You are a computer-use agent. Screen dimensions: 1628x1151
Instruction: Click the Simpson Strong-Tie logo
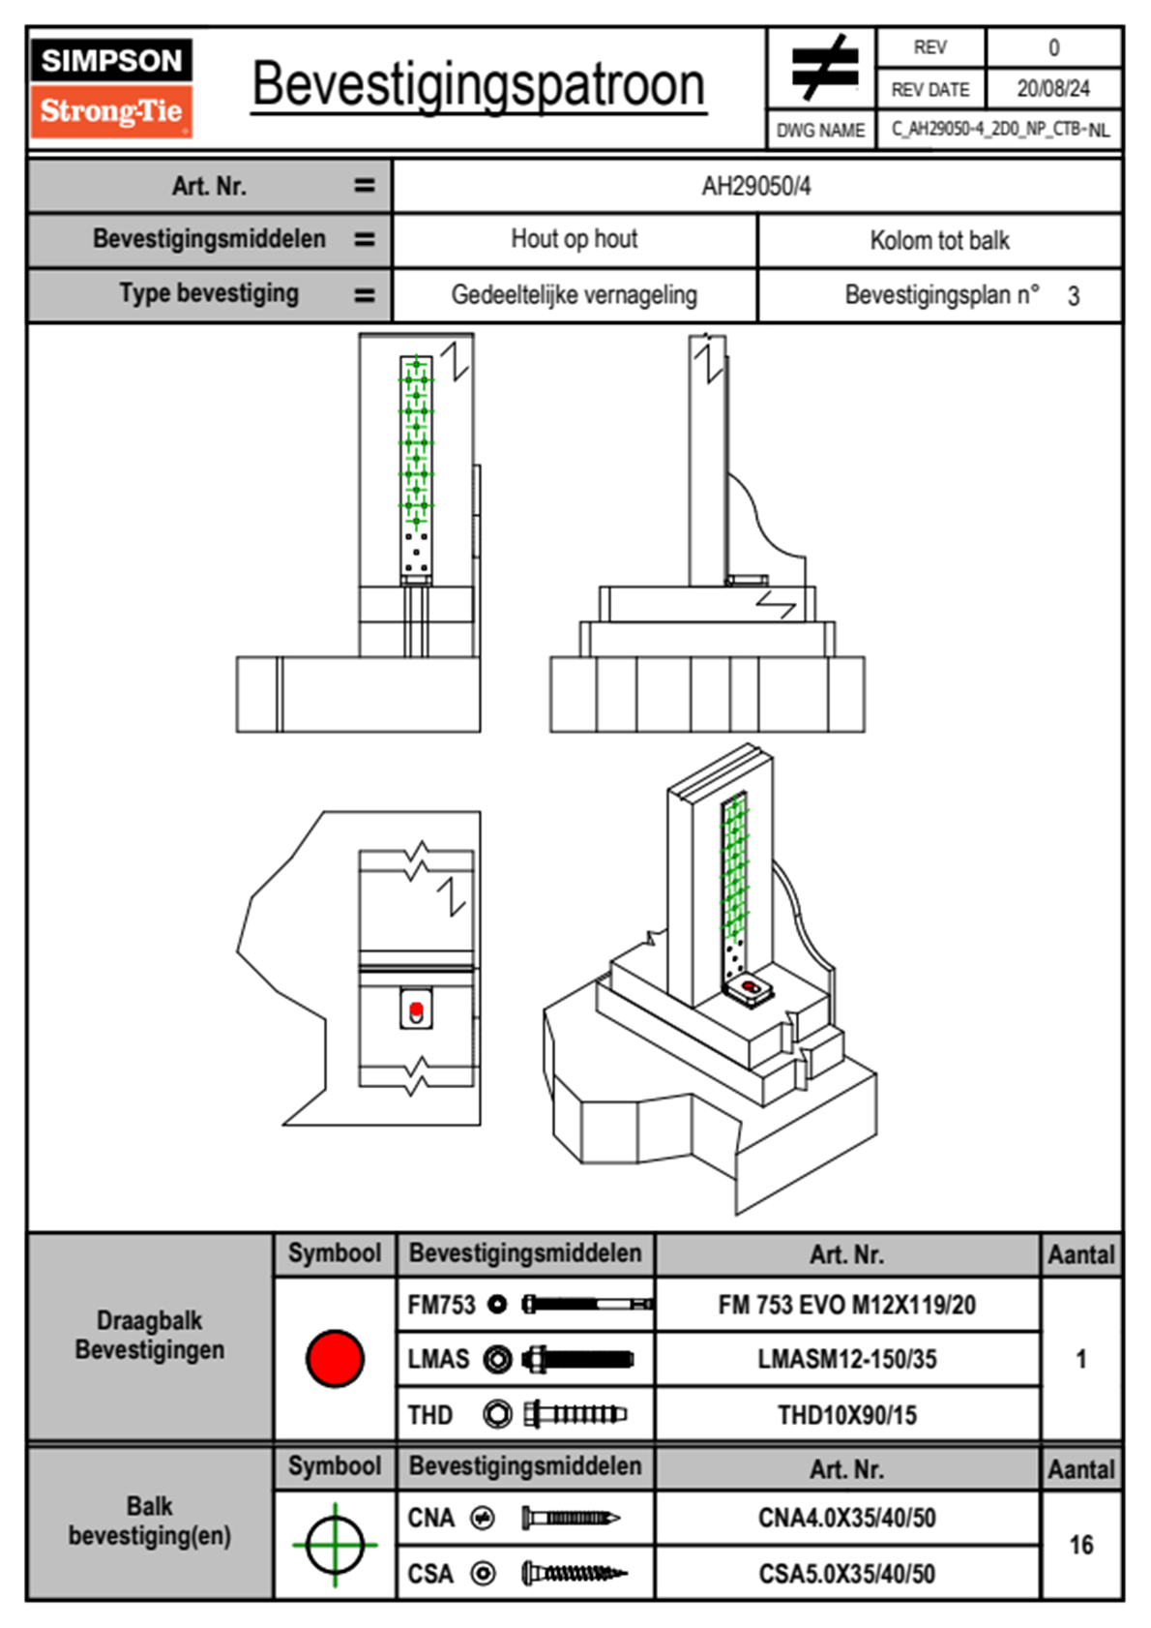pyautogui.click(x=111, y=87)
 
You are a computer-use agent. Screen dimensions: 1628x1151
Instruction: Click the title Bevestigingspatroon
pyautogui.click(x=478, y=85)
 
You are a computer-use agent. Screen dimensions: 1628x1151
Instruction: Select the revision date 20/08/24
pyautogui.click(x=1052, y=89)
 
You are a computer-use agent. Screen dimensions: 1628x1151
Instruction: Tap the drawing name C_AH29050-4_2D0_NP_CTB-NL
pyautogui.click(x=999, y=130)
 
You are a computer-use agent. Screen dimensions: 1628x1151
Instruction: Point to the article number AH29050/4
pyautogui.click(x=756, y=187)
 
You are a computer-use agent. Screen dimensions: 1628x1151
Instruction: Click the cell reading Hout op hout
pyautogui.click(x=574, y=239)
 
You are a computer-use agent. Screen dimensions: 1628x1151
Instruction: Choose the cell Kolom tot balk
pyautogui.click(x=939, y=240)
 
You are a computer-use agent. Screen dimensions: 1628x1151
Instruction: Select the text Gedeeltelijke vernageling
pyautogui.click(x=574, y=295)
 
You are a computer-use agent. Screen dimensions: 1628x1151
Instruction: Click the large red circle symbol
pyautogui.click(x=335, y=1358)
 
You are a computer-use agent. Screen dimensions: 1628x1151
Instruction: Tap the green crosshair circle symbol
pyautogui.click(x=335, y=1545)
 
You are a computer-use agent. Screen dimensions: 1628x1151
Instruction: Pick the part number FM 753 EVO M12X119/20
pyautogui.click(x=846, y=1305)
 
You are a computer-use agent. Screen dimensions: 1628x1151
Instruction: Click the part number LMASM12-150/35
pyautogui.click(x=846, y=1359)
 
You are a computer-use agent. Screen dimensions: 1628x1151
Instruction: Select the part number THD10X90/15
pyautogui.click(x=846, y=1415)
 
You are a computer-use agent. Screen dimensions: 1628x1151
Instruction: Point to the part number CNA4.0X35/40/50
pyautogui.click(x=846, y=1518)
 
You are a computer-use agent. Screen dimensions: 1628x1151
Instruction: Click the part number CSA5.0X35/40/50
pyautogui.click(x=846, y=1574)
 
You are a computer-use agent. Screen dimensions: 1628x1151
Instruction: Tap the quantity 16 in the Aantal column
pyautogui.click(x=1080, y=1545)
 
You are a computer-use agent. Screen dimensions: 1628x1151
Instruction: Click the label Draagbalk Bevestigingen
pyautogui.click(x=150, y=1335)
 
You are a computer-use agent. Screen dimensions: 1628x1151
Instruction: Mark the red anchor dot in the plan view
pyautogui.click(x=416, y=1009)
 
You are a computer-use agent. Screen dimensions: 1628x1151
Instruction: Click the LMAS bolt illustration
pyautogui.click(x=577, y=1359)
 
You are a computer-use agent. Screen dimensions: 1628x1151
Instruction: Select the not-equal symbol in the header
pyautogui.click(x=823, y=68)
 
